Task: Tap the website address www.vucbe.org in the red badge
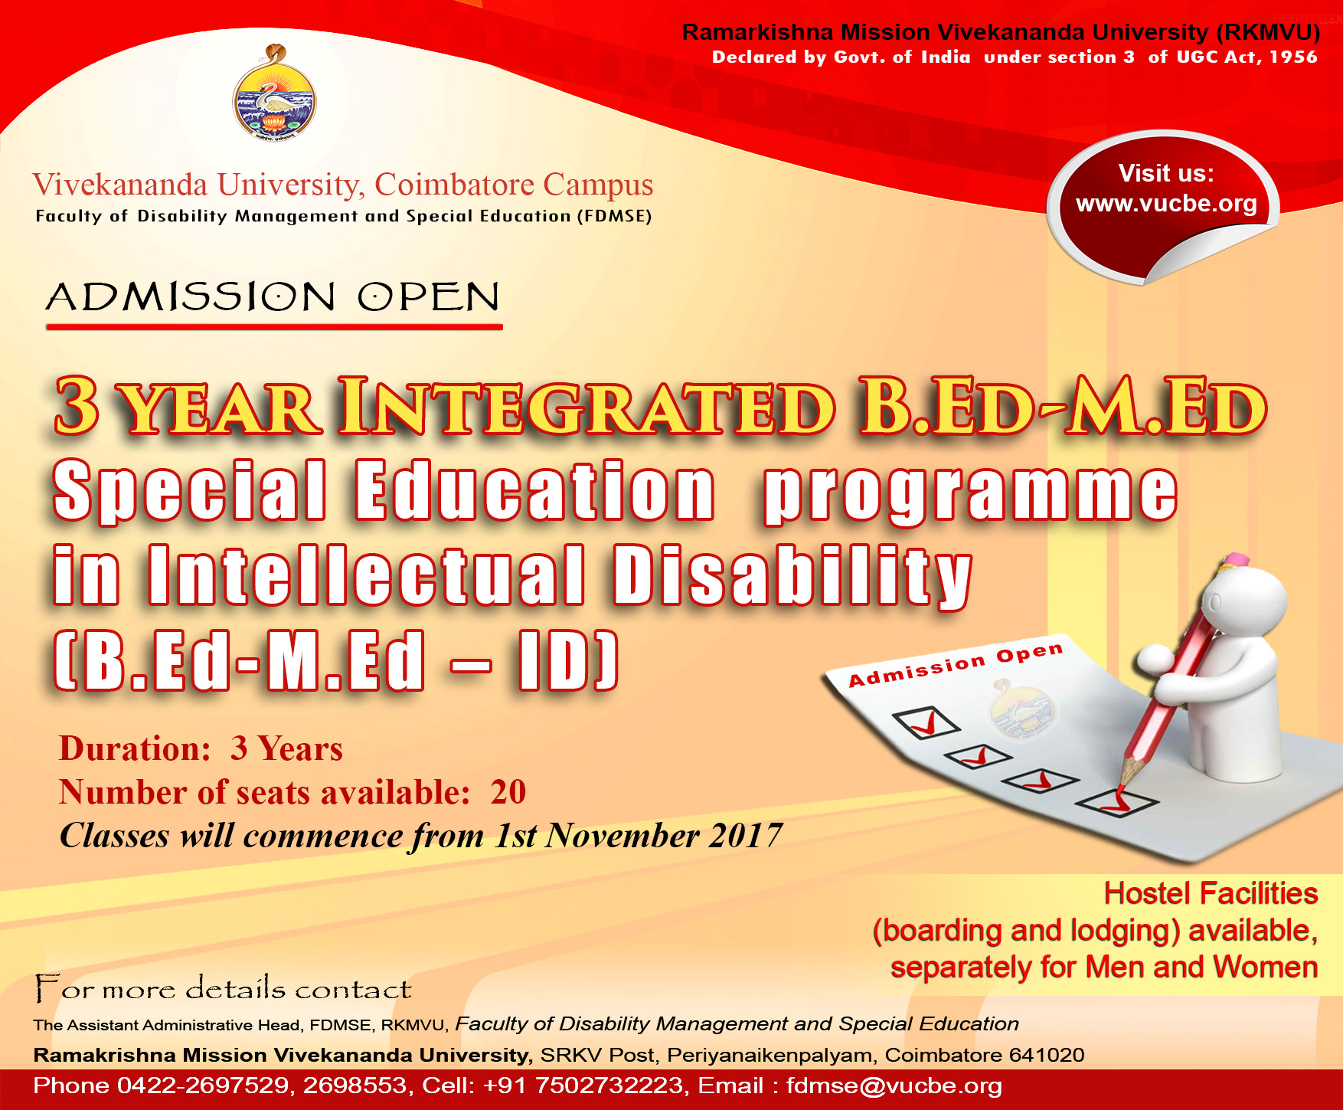[1166, 204]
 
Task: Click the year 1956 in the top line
[1292, 57]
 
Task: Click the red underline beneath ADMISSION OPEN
[274, 327]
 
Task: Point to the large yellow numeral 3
[77, 406]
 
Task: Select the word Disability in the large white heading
[792, 576]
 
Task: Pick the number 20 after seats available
[508, 792]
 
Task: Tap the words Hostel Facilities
[1210, 893]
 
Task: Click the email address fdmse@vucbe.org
[894, 1085]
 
